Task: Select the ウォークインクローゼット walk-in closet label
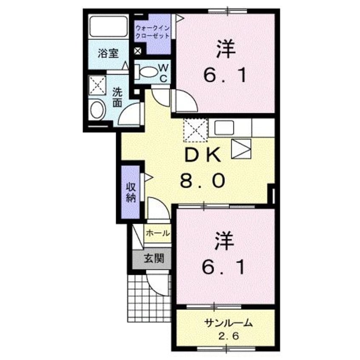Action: tap(152, 32)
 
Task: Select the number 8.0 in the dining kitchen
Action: tap(202, 182)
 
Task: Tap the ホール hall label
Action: tap(158, 233)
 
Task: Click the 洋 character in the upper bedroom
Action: tap(225, 49)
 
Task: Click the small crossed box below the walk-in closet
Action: tap(137, 51)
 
